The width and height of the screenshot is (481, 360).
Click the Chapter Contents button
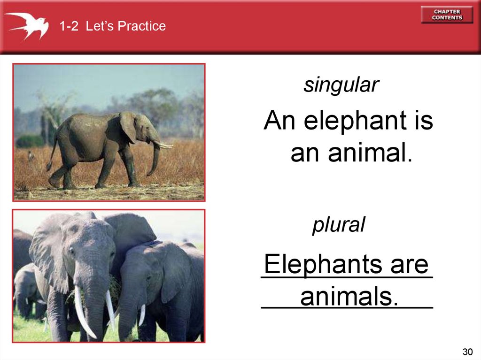click(x=447, y=15)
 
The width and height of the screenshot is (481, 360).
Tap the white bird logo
click(x=27, y=26)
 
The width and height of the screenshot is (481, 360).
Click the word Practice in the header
click(x=141, y=26)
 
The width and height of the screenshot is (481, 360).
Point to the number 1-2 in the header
click(x=69, y=26)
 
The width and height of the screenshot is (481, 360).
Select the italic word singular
click(x=341, y=85)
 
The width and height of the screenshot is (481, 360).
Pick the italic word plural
click(x=339, y=225)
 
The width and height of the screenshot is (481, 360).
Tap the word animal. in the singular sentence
click(x=370, y=153)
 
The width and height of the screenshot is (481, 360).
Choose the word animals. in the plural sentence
click(x=349, y=297)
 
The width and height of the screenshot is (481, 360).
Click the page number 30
click(x=468, y=352)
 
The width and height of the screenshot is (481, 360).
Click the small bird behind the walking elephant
click(x=31, y=155)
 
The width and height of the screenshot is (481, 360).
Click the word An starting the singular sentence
click(x=279, y=120)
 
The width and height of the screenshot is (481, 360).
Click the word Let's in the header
click(x=100, y=26)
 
